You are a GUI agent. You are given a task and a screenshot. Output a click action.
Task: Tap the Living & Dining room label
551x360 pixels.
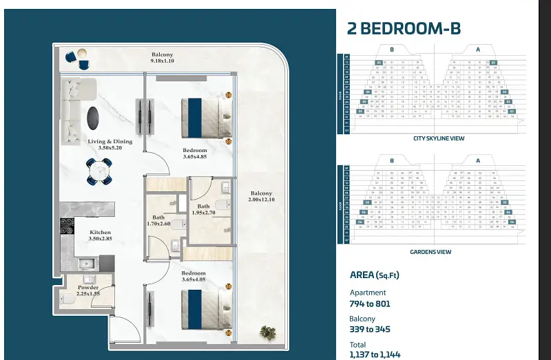coord(110,145)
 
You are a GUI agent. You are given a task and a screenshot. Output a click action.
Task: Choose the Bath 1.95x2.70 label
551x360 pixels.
coord(204,210)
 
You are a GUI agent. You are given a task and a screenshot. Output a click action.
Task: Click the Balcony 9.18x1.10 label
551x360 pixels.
coord(163,58)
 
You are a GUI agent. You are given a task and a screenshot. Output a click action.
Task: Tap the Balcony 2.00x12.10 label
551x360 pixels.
coord(261,197)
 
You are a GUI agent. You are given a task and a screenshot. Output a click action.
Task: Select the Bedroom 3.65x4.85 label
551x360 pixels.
coord(195,153)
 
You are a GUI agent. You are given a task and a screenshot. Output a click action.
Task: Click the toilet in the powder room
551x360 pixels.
coord(67,300)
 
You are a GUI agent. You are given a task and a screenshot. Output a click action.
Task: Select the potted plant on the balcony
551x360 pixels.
coord(267,332)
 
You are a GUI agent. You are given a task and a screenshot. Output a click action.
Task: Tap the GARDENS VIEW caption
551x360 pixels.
coord(430,252)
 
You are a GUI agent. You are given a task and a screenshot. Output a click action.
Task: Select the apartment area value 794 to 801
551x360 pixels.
coord(371,304)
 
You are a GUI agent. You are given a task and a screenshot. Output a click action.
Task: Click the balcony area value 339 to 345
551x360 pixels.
coord(371,330)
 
